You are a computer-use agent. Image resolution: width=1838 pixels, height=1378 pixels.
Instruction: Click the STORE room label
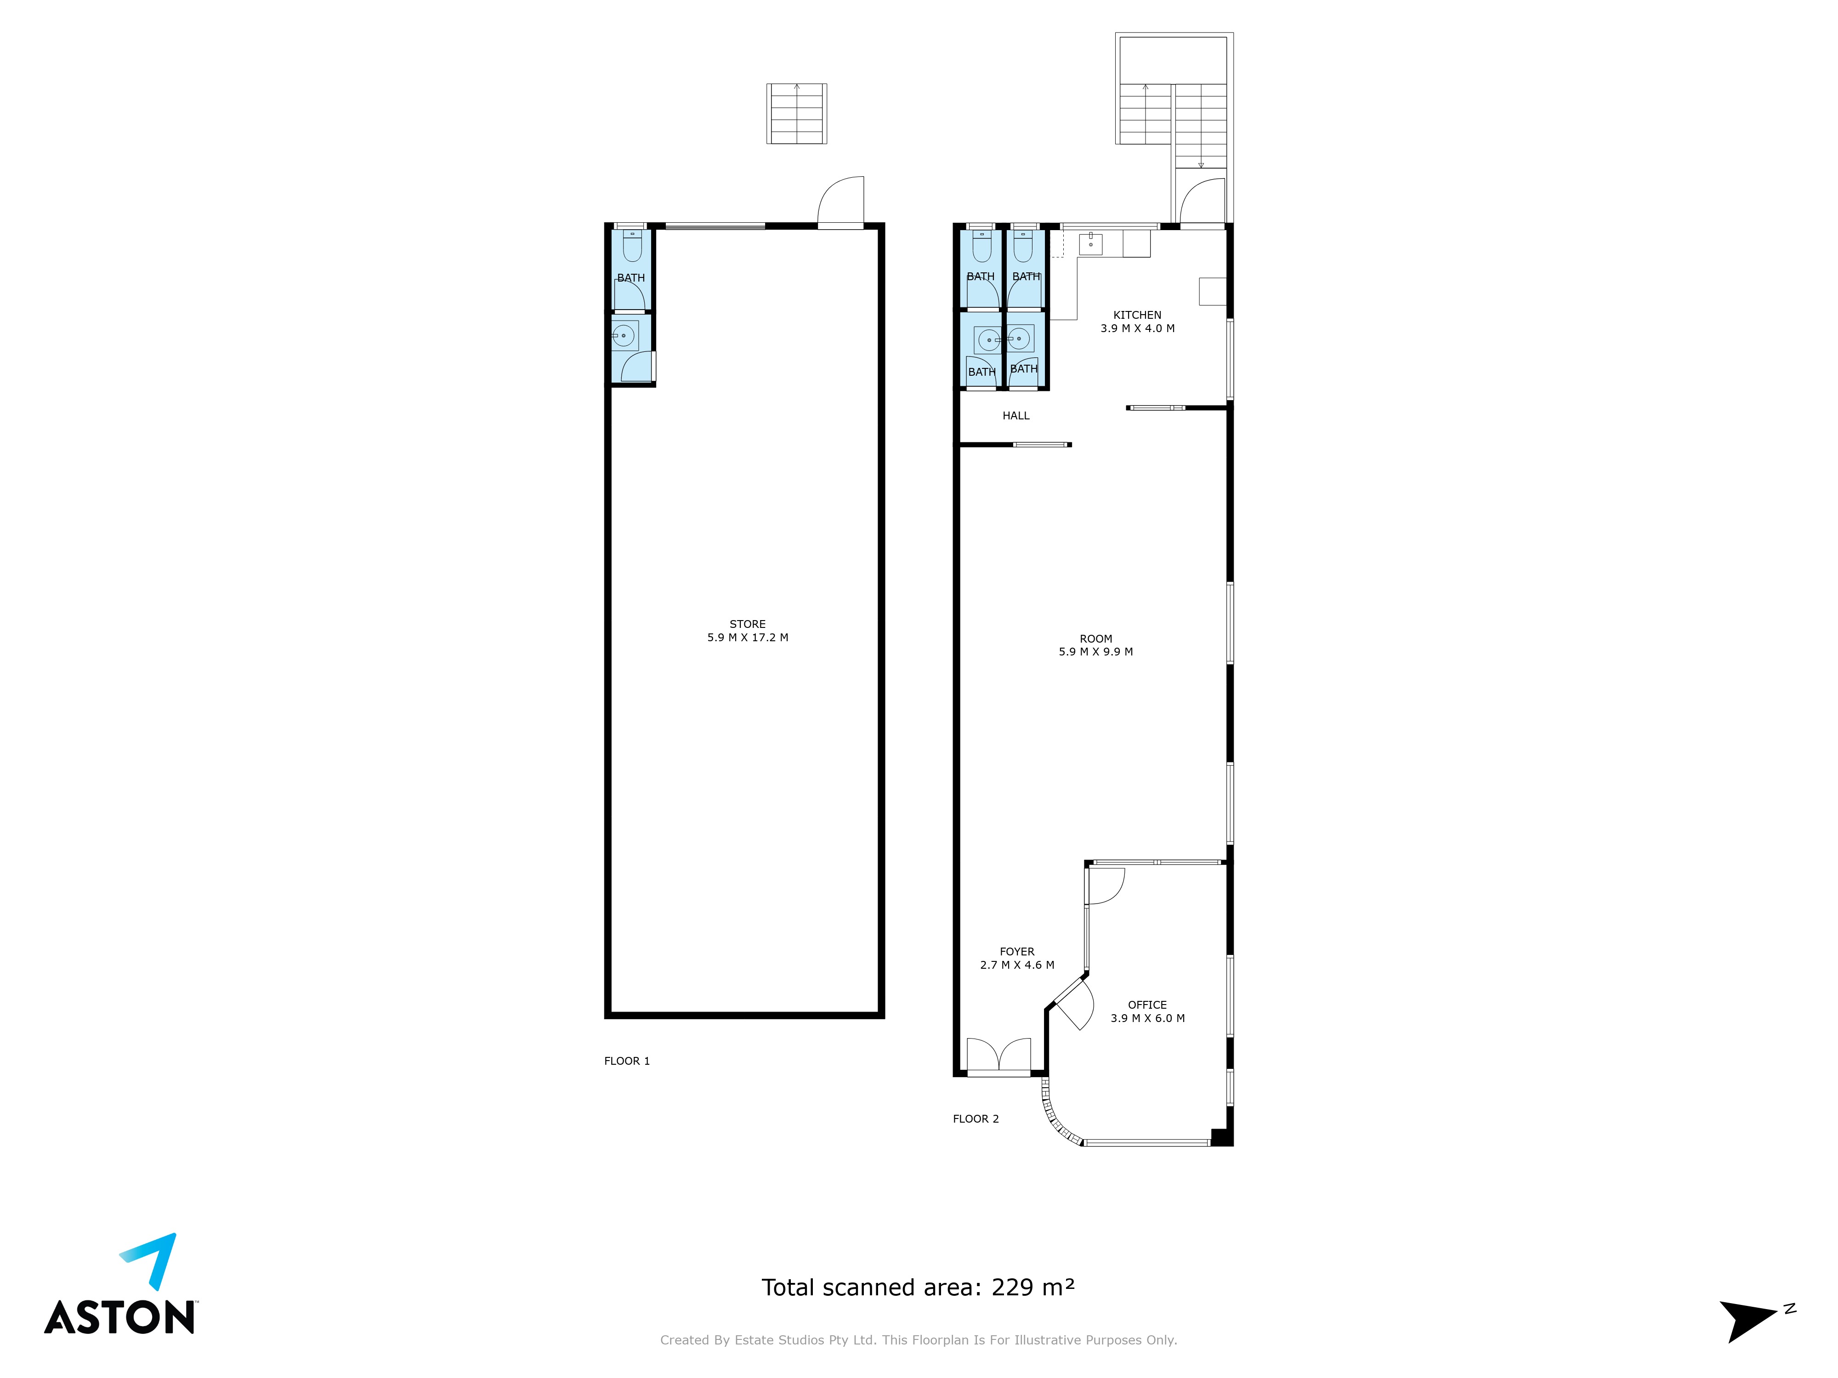point(747,624)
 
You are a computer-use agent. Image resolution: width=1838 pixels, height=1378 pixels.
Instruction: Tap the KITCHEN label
point(1137,315)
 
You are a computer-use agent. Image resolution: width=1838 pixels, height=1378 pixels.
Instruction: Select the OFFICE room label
point(1146,1005)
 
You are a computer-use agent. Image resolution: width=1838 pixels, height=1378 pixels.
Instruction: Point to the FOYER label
point(1017,952)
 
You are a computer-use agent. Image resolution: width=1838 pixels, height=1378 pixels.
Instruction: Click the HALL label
point(1015,415)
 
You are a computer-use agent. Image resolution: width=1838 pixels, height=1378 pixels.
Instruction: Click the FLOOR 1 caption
point(626,1061)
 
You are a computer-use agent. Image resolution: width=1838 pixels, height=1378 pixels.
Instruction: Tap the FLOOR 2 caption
point(976,1119)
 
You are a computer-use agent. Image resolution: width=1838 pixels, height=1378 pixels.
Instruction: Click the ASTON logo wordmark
point(119,1317)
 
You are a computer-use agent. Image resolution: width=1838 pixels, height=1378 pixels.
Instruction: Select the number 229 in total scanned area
point(1012,1288)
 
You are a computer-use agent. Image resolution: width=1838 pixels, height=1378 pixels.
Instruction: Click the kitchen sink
point(1090,243)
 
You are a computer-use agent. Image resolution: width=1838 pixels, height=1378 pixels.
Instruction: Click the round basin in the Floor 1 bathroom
point(624,336)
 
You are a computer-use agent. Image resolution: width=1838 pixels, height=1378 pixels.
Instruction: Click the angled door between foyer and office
point(1073,1003)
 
